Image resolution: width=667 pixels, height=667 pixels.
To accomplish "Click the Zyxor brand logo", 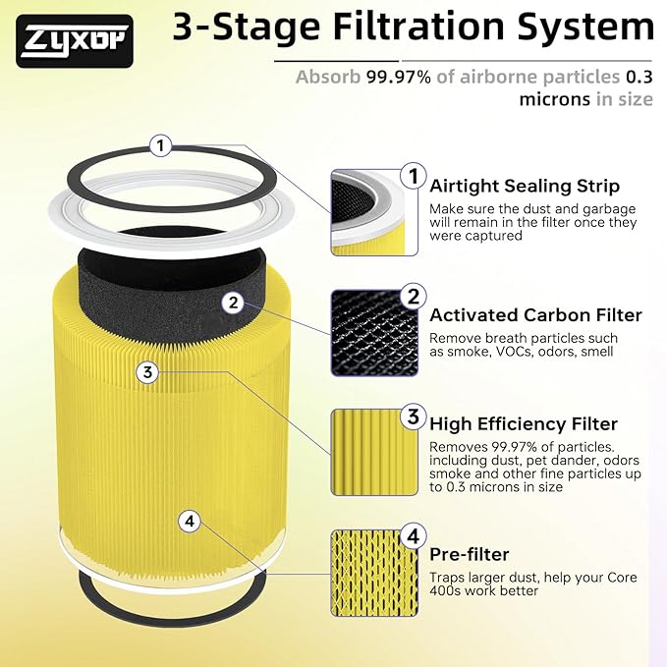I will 75,41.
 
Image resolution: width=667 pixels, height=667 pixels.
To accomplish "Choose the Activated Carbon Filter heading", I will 535,315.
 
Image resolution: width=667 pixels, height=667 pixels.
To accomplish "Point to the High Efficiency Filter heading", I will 524,424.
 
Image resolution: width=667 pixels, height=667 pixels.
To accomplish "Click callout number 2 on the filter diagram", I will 232,302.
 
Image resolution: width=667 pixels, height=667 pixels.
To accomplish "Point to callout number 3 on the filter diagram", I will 146,371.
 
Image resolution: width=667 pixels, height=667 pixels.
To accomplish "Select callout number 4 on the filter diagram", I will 190,521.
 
